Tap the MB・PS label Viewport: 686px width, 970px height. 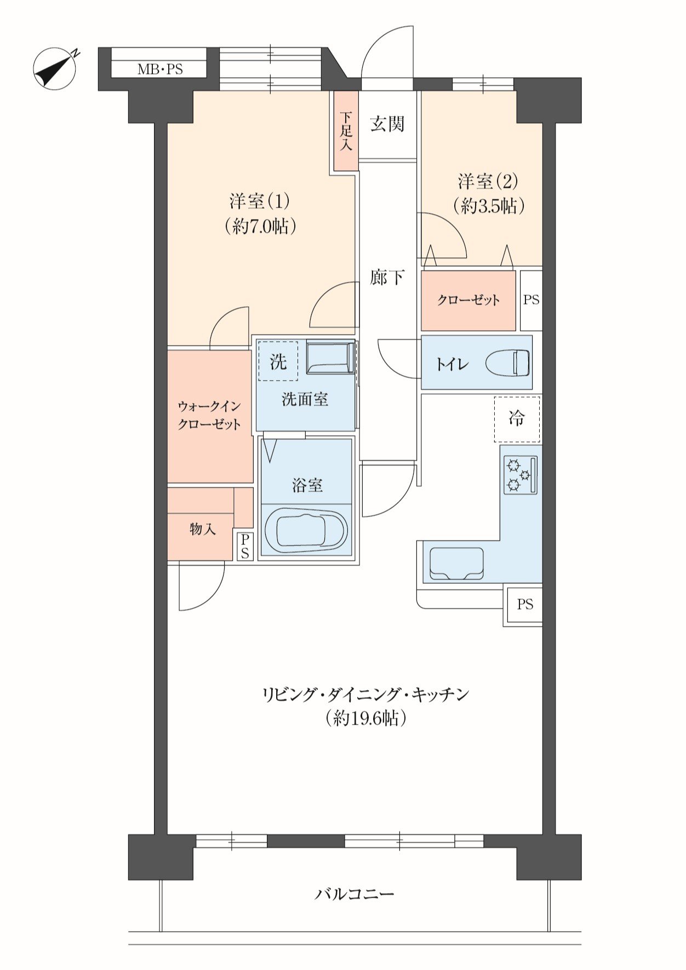pyautogui.click(x=160, y=70)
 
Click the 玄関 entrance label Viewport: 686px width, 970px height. pyautogui.click(x=387, y=124)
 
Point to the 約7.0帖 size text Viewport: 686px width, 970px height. pyautogui.click(x=261, y=226)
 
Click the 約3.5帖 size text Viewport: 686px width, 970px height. pyautogui.click(x=489, y=205)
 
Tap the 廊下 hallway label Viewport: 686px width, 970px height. pyautogui.click(x=387, y=278)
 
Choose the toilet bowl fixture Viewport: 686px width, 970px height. pyautogui.click(x=508, y=363)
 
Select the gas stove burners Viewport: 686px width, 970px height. pyautogui.click(x=521, y=474)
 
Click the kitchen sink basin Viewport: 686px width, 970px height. pyautogui.click(x=456, y=563)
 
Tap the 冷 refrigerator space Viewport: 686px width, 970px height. pyautogui.click(x=517, y=419)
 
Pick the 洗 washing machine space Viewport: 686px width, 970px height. pyautogui.click(x=278, y=361)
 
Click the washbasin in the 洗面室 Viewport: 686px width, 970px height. pyautogui.click(x=330, y=358)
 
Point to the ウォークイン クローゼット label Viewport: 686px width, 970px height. pyautogui.click(x=209, y=415)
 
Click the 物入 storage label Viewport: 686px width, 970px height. pyautogui.click(x=203, y=529)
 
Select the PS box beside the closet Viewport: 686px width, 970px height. pyautogui.click(x=531, y=300)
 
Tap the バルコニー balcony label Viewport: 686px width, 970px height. pyautogui.click(x=355, y=894)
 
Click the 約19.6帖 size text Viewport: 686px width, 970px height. pyautogui.click(x=365, y=718)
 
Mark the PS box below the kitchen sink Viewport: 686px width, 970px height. pyautogui.click(x=524, y=604)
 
